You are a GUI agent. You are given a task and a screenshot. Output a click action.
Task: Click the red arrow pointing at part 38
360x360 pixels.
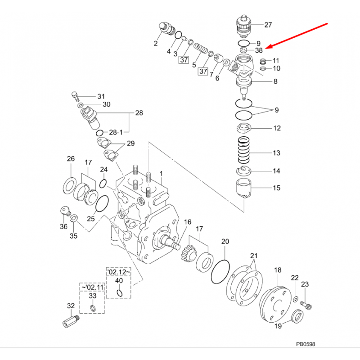pos(297,36)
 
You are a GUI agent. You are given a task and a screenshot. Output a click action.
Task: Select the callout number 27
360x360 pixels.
pos(268,25)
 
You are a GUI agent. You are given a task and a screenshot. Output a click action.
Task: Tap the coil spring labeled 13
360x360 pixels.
pos(243,149)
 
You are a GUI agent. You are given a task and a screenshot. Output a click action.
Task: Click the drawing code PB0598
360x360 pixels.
pos(306,344)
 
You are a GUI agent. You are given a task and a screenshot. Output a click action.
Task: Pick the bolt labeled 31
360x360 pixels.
pos(75,96)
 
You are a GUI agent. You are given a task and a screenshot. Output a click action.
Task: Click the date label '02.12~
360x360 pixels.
pos(118,272)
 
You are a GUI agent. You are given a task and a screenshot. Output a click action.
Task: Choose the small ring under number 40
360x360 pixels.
pos(119,293)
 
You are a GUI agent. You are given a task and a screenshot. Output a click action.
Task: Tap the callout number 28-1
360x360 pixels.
pos(116,132)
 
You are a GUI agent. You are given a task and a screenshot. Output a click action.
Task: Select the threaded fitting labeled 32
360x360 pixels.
pos(71,319)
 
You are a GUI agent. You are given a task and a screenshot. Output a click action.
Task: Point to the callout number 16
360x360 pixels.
pos(188,222)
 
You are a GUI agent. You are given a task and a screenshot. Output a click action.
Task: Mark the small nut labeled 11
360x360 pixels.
pos(263,61)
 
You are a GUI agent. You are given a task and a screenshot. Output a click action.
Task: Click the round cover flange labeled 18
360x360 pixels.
pos(275,304)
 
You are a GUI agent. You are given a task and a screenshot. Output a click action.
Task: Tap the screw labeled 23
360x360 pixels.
pos(306,305)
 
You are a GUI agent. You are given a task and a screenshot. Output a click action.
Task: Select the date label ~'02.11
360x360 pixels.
pos(92,287)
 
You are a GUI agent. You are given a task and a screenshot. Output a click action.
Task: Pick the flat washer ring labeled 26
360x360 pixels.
pos(70,185)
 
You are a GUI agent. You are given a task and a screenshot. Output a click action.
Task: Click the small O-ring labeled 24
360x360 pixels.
pos(103,183)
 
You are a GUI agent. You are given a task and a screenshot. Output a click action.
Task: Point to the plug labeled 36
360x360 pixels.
pos(65,211)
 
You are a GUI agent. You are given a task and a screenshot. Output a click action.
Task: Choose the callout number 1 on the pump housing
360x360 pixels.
pos(161,173)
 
